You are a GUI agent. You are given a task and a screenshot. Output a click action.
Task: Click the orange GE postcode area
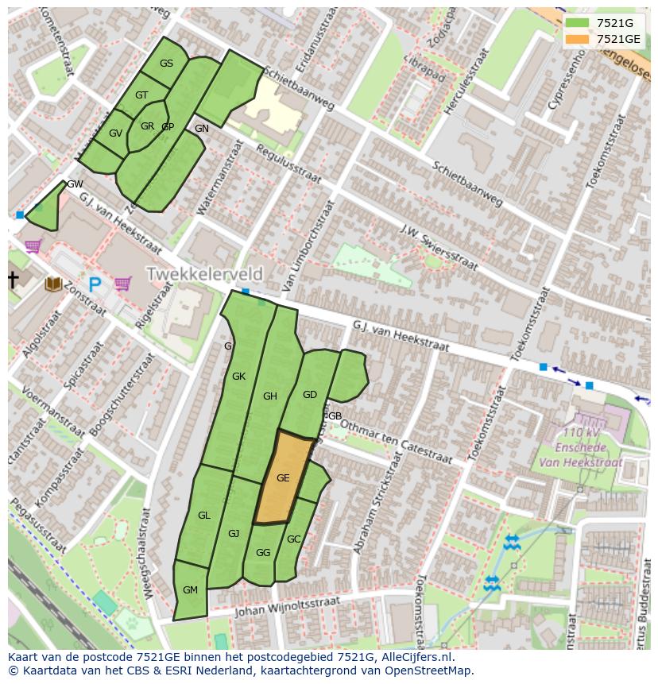[283, 478]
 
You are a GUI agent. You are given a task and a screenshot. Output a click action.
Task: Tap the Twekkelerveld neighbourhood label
[204, 274]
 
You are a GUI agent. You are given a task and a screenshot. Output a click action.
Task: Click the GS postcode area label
[166, 64]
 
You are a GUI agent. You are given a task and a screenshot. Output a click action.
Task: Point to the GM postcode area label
[190, 589]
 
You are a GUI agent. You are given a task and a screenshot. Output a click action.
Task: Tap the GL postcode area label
[204, 516]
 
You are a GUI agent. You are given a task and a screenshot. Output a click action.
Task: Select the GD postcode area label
[310, 395]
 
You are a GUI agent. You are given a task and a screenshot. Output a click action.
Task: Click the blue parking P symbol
[95, 284]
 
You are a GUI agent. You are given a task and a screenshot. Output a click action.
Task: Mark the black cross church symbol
[13, 280]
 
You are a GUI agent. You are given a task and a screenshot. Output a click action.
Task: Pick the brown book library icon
[53, 283]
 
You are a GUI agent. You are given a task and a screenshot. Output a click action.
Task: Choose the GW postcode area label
[75, 184]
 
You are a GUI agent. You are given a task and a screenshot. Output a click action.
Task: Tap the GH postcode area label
[270, 396]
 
